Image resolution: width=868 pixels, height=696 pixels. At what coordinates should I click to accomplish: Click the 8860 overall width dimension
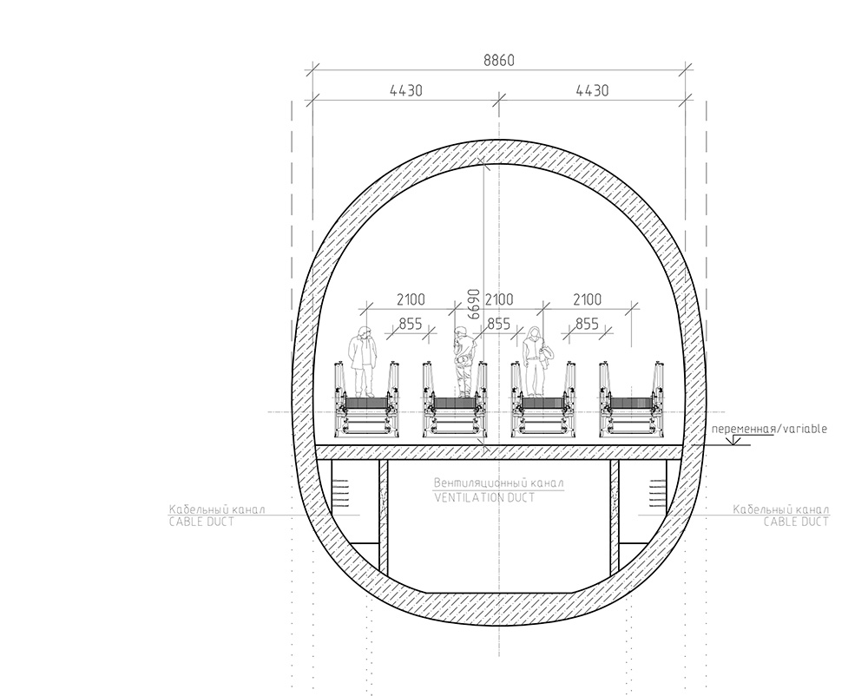tap(499, 60)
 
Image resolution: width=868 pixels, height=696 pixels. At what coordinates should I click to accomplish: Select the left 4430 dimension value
tap(405, 90)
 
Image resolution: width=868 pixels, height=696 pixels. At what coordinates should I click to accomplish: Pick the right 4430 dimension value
tap(592, 90)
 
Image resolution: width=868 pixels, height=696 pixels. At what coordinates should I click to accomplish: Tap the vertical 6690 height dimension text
tap(473, 304)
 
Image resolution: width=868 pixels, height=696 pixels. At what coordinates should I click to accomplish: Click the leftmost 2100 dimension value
tap(411, 299)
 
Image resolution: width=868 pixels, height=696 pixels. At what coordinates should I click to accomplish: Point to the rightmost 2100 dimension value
tap(587, 299)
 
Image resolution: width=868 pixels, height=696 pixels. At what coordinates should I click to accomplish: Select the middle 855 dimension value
tap(498, 323)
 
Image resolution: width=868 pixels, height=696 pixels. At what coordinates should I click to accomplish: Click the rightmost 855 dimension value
tap(587, 323)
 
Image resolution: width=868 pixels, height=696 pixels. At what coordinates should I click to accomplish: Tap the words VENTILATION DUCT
tap(484, 497)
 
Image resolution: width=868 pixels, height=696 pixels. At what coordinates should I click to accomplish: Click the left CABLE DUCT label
tap(201, 522)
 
